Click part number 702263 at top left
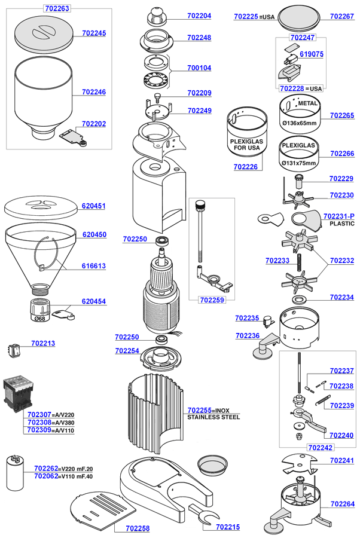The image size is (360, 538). [57, 8]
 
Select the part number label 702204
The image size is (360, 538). [199, 16]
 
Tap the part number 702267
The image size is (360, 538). [342, 17]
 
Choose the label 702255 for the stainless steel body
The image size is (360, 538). [200, 410]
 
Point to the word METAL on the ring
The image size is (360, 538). [307, 103]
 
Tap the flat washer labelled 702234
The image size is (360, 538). [297, 298]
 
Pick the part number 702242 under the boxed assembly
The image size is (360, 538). [320, 447]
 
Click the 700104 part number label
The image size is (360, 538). [199, 68]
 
